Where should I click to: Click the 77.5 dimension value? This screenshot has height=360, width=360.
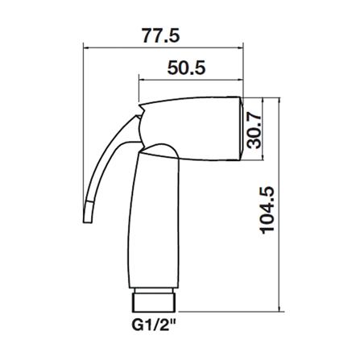pyautogui.click(x=160, y=35)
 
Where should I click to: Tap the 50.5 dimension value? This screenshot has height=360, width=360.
pyautogui.click(x=186, y=68)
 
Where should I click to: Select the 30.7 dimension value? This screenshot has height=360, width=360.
pyautogui.click(x=254, y=130)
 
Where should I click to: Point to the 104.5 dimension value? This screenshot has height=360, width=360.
pyautogui.click(x=267, y=209)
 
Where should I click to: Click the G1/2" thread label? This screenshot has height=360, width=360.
pyautogui.click(x=153, y=325)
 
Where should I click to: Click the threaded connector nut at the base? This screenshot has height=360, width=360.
pyautogui.click(x=154, y=303)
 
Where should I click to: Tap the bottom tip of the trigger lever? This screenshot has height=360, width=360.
pyautogui.click(x=88, y=222)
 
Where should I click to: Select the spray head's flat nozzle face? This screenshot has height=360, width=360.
pyautogui.click(x=241, y=128)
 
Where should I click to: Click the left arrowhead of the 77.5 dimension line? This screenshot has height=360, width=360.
pyautogui.click(x=86, y=48)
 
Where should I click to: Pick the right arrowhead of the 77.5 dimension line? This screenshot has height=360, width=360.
pyautogui.click(x=240, y=48)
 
